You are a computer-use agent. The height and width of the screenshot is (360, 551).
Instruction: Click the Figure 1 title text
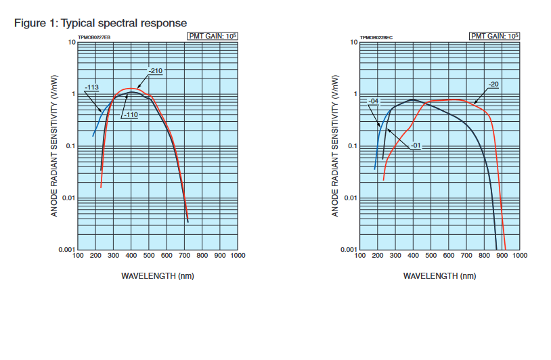point(100,23)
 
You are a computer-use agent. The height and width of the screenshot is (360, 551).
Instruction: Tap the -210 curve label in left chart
point(155,70)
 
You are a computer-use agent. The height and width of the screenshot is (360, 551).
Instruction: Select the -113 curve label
point(93,87)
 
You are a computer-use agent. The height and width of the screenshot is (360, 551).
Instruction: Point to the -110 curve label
point(131,115)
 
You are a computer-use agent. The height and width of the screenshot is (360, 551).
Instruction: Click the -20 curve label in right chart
point(493,84)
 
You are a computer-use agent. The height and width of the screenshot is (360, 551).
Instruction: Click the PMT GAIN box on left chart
point(212,36)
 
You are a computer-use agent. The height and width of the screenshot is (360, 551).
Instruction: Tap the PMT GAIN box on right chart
point(494,36)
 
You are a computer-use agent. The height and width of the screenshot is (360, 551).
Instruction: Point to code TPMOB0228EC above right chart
point(376,38)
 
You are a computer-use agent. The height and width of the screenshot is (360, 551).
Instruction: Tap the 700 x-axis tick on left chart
point(184,256)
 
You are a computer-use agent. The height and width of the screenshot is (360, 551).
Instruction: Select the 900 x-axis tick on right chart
point(502,256)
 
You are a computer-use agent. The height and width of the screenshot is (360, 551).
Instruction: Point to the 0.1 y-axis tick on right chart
point(351,146)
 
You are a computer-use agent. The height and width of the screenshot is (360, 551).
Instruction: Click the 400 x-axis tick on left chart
point(131,256)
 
